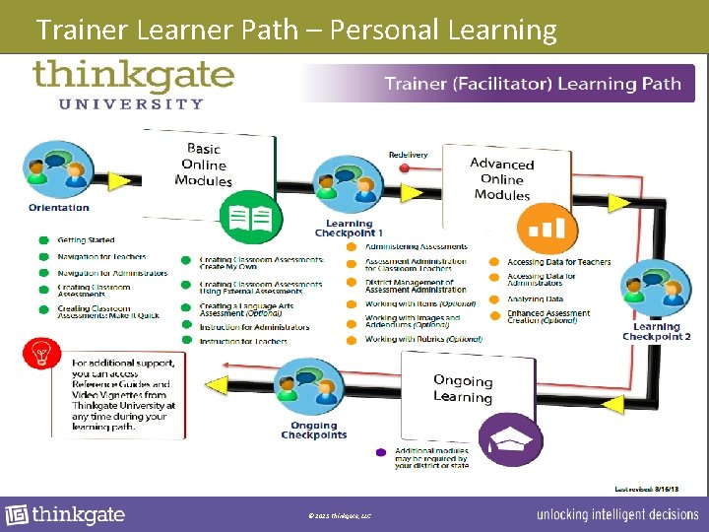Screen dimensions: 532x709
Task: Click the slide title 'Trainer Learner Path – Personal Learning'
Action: (295, 30)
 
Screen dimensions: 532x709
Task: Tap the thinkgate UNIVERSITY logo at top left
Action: (133, 84)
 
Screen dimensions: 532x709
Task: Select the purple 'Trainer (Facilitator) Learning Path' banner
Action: (532, 84)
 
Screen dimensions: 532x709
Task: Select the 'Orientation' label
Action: (59, 208)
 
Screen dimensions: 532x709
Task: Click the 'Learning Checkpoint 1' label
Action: (349, 229)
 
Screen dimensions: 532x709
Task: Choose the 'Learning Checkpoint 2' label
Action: (656, 332)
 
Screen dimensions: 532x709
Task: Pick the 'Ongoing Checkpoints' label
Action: (313, 430)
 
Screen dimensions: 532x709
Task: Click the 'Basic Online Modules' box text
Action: (204, 165)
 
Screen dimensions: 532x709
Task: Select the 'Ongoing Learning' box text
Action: (462, 388)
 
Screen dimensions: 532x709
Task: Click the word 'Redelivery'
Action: (408, 155)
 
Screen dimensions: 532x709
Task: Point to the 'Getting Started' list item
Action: (86, 240)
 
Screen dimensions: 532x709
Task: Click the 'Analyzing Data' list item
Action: (535, 299)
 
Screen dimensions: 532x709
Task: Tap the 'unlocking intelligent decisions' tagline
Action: (616, 515)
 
